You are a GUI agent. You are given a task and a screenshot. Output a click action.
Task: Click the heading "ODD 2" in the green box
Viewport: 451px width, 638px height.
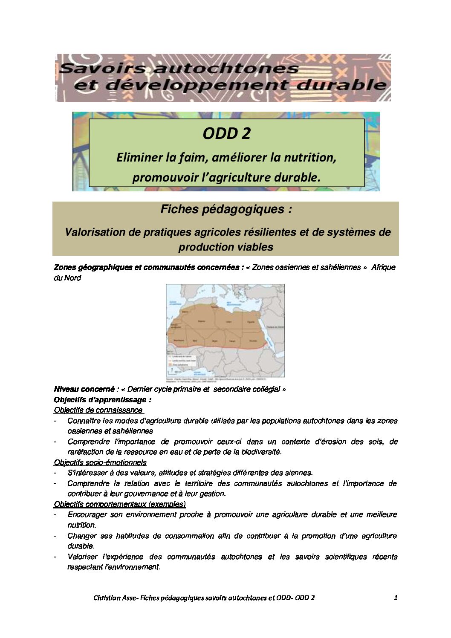pyautogui.click(x=226, y=133)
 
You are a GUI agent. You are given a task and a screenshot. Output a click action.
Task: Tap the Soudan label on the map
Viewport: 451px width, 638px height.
pyautogui.click(x=253, y=341)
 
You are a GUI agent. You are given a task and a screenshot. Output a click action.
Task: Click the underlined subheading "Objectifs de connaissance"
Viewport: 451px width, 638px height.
pyautogui.click(x=98, y=410)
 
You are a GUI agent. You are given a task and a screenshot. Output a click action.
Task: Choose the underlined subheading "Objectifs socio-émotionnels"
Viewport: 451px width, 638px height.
pyautogui.click(x=100, y=462)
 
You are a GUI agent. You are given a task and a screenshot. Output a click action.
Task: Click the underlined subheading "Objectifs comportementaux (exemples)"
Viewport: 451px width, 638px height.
pyautogui.click(x=120, y=505)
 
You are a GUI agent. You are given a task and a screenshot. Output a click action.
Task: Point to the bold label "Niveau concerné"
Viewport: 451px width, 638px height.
pyautogui.click(x=84, y=389)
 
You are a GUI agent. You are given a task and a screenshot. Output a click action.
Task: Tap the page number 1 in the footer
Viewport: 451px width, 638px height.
pyautogui.click(x=396, y=598)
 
